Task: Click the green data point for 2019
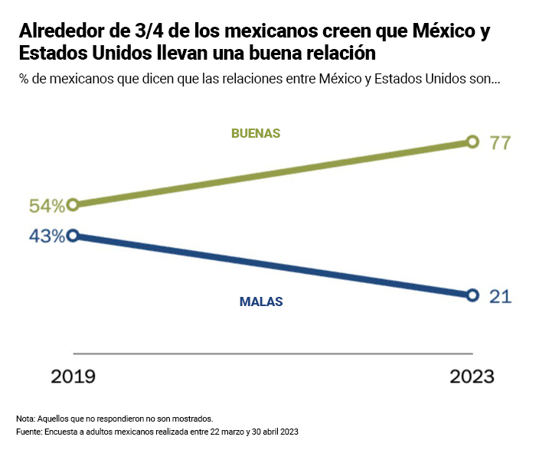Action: (73, 205)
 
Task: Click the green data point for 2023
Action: (472, 142)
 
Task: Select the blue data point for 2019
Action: (73, 236)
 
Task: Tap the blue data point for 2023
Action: (472, 295)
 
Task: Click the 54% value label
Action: (47, 207)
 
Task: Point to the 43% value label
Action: (47, 236)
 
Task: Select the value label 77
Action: (500, 142)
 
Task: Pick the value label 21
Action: (500, 297)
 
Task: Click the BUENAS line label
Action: (256, 133)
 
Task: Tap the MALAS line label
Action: (261, 301)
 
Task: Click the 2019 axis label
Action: (73, 376)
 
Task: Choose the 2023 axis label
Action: (472, 376)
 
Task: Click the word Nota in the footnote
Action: (25, 419)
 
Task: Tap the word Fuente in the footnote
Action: (28, 432)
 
